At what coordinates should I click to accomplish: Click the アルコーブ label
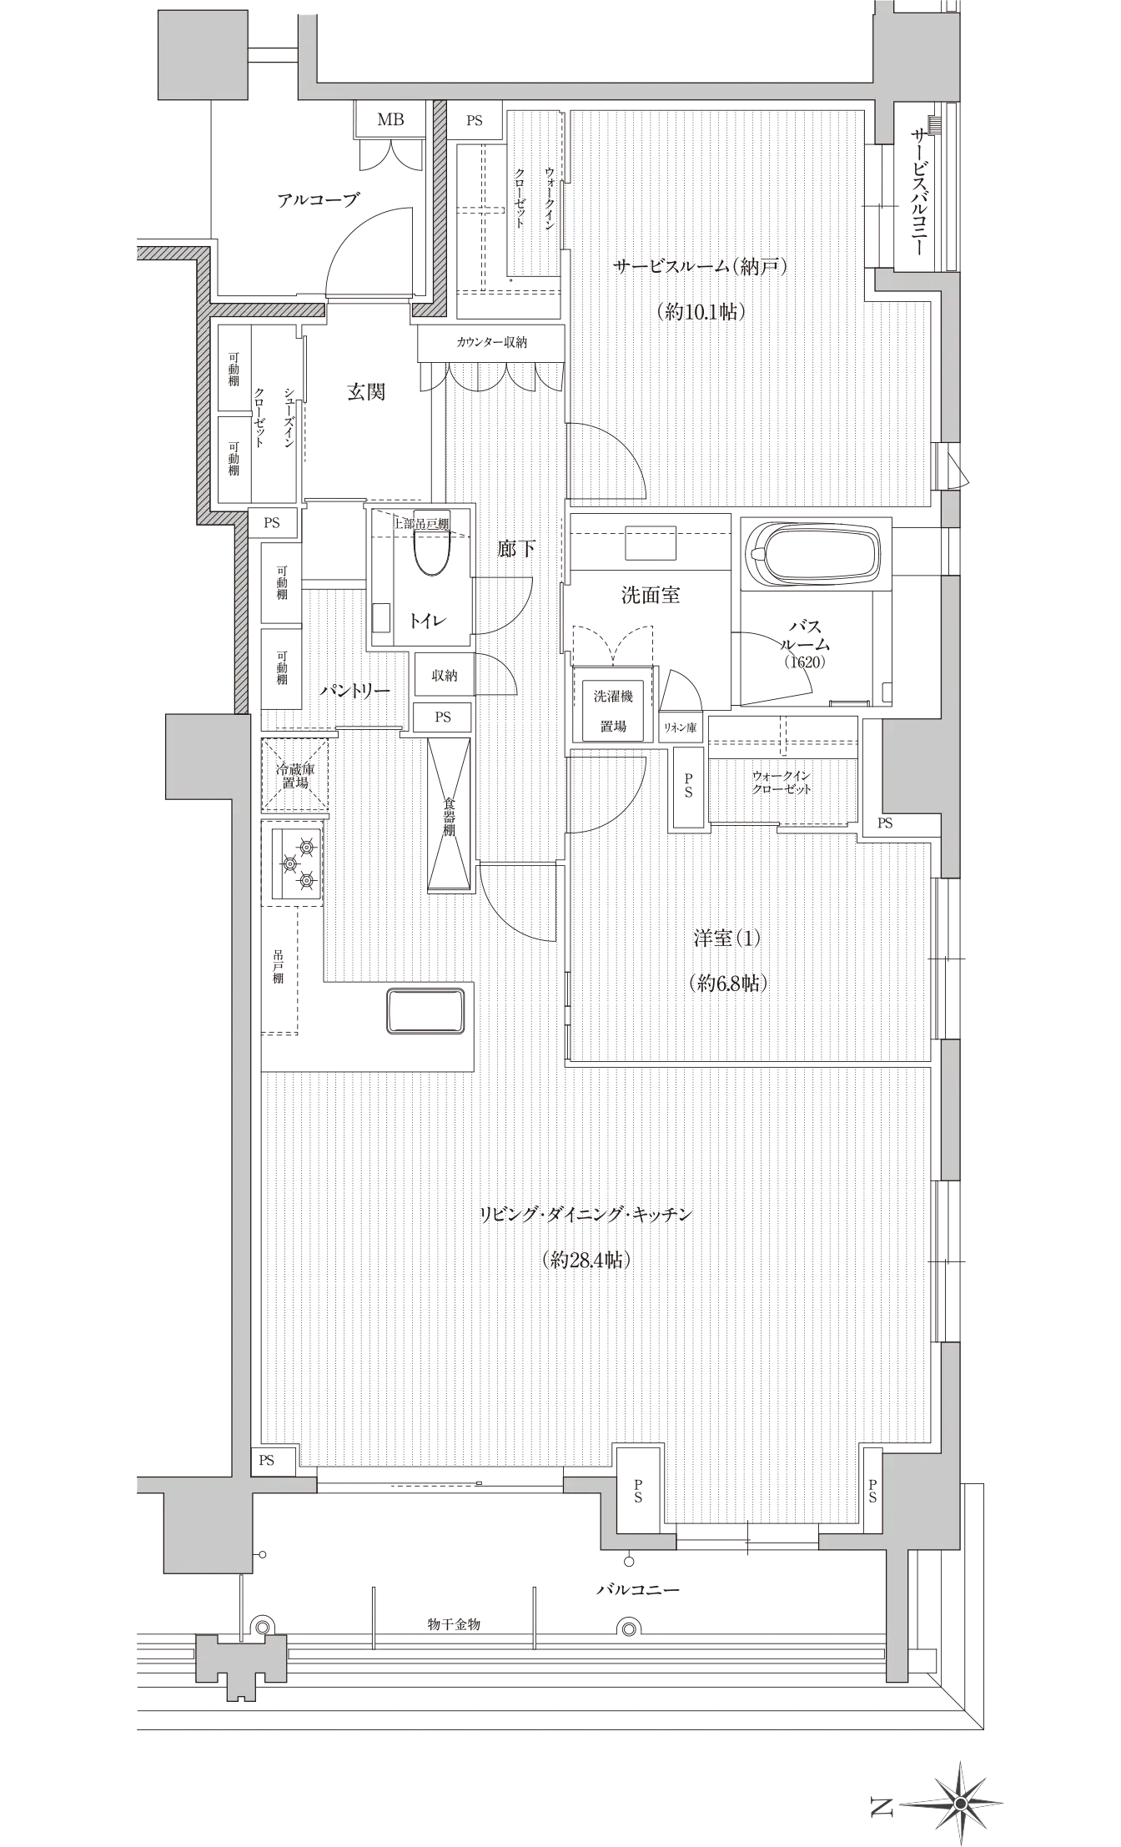[318, 200]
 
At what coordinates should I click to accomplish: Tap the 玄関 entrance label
[367, 390]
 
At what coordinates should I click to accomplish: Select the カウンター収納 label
[490, 342]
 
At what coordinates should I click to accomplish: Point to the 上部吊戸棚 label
[421, 524]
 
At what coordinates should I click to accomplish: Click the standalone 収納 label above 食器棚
[444, 675]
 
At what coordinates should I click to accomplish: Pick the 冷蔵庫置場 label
[295, 775]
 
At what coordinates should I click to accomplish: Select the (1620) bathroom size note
[804, 662]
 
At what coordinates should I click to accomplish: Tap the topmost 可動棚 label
[234, 369]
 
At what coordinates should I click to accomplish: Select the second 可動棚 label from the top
[234, 459]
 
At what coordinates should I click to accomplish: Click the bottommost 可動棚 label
[282, 667]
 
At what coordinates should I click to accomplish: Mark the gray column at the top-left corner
[203, 55]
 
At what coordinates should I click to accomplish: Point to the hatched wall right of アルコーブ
[440, 217]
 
